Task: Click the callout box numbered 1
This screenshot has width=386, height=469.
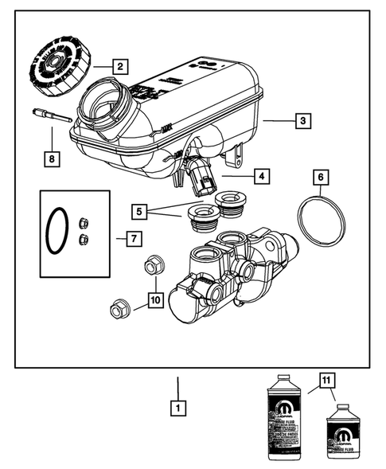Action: point(178,408)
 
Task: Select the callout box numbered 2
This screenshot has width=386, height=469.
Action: point(119,67)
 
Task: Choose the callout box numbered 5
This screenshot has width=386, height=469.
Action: point(139,212)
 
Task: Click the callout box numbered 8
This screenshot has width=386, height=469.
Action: point(52,158)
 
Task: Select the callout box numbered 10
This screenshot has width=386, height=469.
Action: point(155,302)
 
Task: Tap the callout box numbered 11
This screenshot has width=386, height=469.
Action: point(325,380)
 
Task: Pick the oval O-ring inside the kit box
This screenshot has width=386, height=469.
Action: point(56,231)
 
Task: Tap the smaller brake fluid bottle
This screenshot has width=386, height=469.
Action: point(341,434)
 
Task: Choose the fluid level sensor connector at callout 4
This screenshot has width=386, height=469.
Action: point(201,178)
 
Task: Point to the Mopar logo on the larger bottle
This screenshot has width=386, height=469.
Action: point(284,410)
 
